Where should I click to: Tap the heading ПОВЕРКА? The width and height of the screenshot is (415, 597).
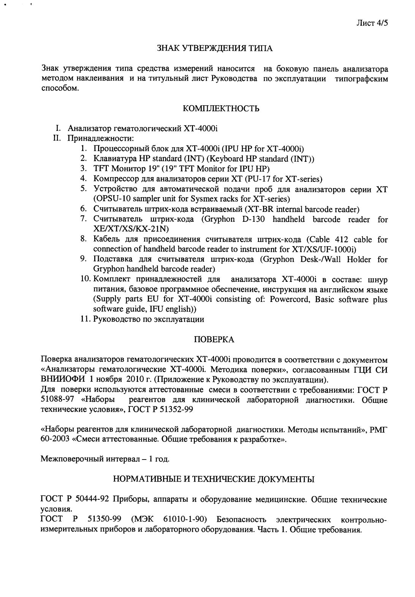215,340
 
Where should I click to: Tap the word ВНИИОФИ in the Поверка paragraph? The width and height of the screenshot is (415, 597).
63,380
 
